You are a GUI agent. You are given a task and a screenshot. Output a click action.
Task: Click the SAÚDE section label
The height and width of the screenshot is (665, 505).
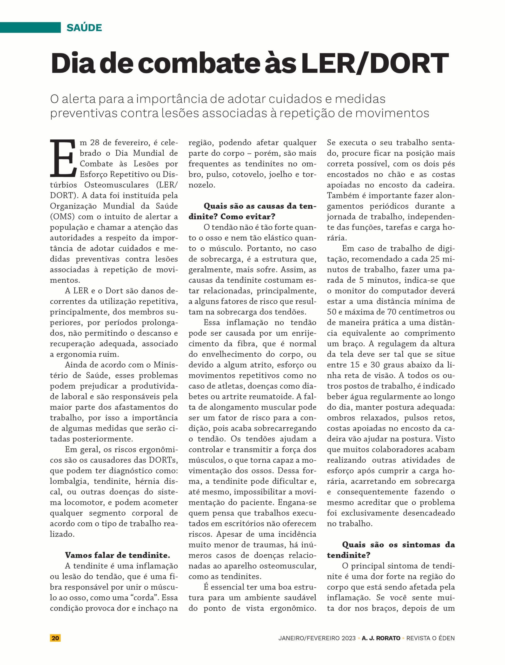coord(84,28)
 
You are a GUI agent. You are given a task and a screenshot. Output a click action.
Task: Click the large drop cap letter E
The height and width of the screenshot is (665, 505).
coord(63,158)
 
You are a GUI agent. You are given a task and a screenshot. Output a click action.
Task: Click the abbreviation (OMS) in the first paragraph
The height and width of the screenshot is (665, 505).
coord(62,217)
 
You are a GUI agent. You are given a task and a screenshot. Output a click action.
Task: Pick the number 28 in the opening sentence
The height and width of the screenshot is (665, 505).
coord(96,143)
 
